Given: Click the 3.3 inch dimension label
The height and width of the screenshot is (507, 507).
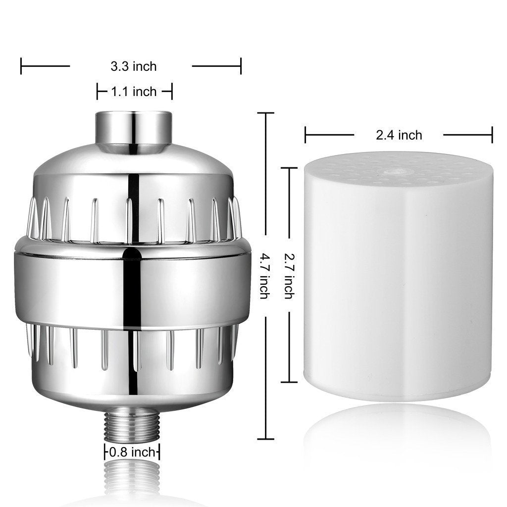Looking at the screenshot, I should pos(131,66).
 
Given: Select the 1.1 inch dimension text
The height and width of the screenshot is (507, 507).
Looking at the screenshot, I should pos(134,92).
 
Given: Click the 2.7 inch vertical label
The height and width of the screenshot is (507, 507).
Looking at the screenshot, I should pos(289,275).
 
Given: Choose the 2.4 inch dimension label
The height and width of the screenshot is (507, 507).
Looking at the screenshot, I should pos(399,135).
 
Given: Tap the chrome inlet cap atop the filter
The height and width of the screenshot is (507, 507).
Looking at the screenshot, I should pos(134,130).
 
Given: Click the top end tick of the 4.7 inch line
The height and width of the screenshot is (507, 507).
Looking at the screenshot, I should pos(265,113).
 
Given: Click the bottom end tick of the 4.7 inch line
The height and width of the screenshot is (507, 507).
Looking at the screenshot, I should pos(265,439).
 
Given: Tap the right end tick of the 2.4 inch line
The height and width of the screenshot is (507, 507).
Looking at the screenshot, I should pos(492,135).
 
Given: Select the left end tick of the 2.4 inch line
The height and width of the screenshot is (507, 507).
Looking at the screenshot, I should pos(305,135).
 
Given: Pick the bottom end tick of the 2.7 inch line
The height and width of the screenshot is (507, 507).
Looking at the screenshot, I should pos(289,382).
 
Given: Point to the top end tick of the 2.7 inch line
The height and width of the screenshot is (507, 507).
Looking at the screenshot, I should pos(289,168).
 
